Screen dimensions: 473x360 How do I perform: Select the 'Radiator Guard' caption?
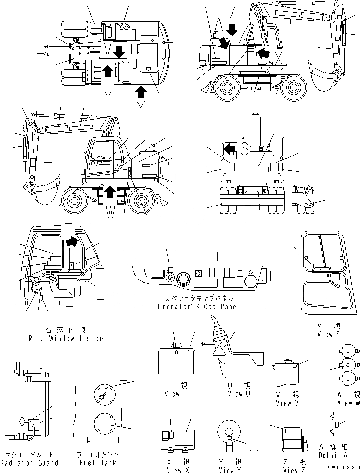(x=29, y=463)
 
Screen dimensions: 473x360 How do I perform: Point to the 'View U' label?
(x=235, y=394)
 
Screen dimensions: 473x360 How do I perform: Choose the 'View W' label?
(x=348, y=403)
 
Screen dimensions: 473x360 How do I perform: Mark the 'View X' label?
(x=174, y=470)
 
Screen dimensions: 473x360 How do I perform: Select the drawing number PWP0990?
(x=344, y=468)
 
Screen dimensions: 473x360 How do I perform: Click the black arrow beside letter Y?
(x=141, y=90)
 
